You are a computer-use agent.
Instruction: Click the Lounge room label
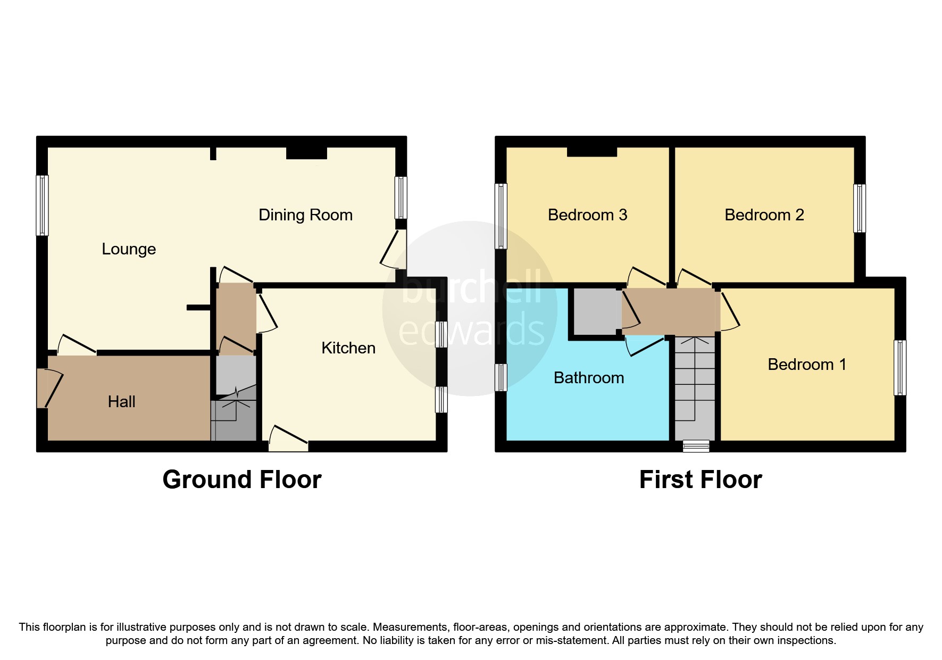129,249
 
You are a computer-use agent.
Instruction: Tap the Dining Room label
305,215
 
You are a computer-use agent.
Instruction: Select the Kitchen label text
348,348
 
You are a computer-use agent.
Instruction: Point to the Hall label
121,402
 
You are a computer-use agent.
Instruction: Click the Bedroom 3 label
587,215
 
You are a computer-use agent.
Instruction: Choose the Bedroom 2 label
764,215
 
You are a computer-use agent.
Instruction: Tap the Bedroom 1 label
806,365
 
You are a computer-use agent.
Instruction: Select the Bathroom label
588,378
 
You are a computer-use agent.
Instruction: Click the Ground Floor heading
241,480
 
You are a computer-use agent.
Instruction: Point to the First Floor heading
700,480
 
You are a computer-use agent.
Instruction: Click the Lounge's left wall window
42,205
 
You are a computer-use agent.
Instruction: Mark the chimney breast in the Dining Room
306,153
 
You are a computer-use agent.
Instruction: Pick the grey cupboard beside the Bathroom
595,311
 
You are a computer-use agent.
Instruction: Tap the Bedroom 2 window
859,208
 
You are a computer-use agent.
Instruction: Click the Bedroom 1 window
899,367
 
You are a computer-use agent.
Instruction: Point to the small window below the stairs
696,446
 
